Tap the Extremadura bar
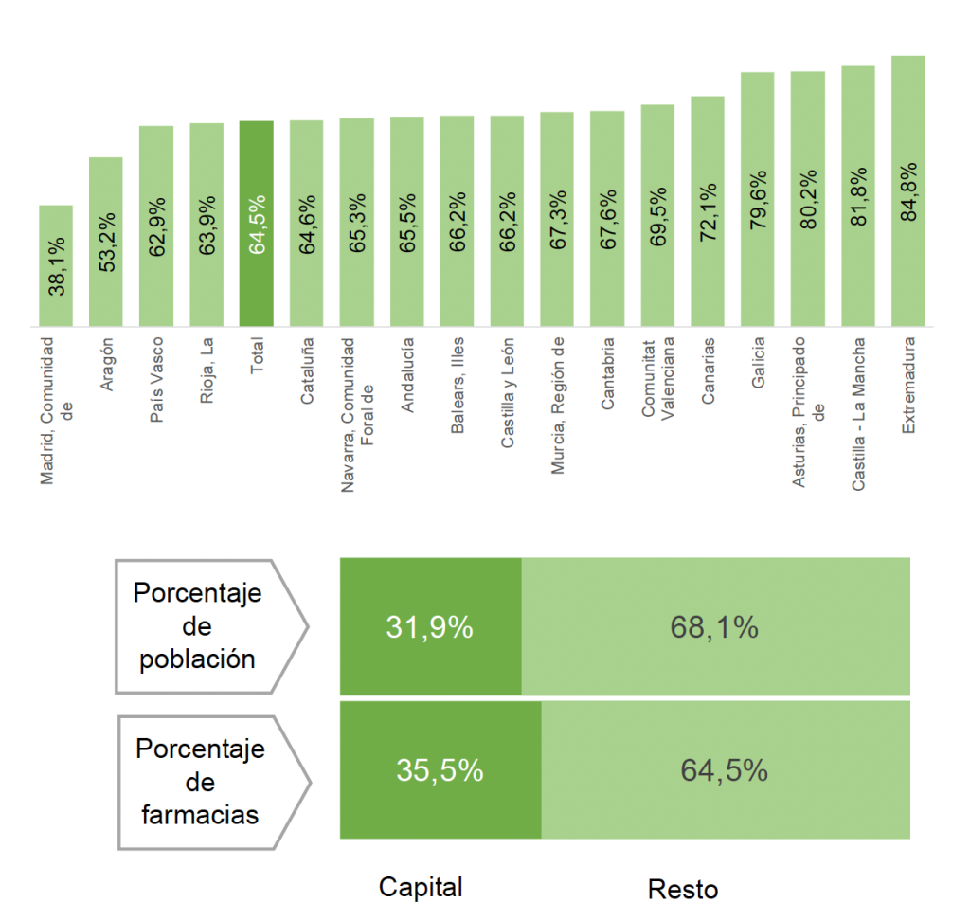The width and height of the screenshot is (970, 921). (x=908, y=190)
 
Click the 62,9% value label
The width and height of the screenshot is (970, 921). (x=156, y=226)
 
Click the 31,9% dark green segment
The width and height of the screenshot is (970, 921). (x=430, y=626)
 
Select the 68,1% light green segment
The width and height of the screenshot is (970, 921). (x=715, y=626)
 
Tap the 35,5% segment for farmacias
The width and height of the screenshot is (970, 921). (x=440, y=770)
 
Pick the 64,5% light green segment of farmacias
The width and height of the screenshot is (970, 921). (x=725, y=770)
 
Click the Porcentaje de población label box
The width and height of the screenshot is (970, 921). (x=204, y=626)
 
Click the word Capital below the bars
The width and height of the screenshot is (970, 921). (x=421, y=887)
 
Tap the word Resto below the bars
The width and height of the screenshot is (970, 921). (x=683, y=890)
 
